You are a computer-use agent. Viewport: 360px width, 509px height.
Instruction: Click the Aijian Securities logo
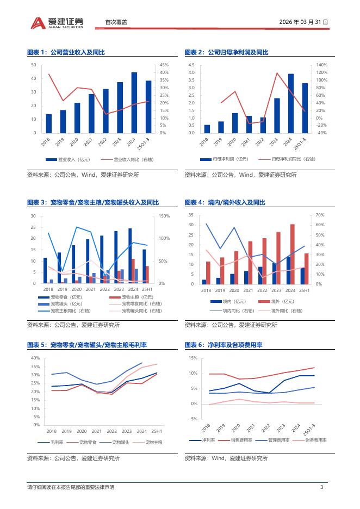tap(57, 22)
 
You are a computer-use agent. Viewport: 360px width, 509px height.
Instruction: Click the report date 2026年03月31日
tap(303, 22)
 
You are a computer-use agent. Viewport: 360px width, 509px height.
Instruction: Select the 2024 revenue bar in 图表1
tap(134, 102)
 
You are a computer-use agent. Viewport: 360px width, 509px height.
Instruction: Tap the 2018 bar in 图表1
tap(49, 123)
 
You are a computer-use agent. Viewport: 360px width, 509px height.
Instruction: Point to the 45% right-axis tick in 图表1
tap(164, 65)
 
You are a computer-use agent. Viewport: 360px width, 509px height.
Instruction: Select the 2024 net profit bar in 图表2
tap(291, 103)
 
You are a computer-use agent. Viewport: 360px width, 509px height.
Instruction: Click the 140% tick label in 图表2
tap(321, 65)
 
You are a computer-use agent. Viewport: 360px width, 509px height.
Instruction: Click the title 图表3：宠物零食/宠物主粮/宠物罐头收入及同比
tap(93, 202)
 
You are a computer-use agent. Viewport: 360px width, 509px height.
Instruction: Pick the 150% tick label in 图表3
tap(164, 216)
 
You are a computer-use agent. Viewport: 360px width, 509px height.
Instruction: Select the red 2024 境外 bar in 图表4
tap(293, 254)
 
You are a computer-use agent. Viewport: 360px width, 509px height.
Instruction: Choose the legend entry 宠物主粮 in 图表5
tap(153, 443)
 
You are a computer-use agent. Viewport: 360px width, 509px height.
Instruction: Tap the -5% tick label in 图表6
tap(193, 419)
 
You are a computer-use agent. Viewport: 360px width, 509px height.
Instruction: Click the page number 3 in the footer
tap(322, 487)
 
